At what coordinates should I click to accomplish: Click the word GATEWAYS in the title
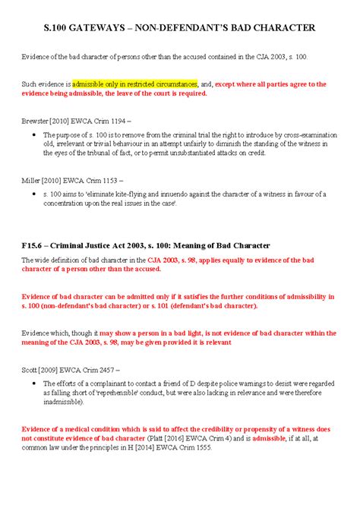106,28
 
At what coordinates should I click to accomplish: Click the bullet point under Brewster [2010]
35,134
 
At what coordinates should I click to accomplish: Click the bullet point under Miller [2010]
35,194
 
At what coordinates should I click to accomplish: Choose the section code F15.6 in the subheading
33,245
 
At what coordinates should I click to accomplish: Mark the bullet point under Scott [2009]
35,383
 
